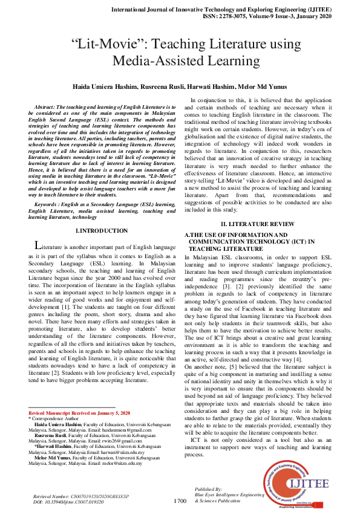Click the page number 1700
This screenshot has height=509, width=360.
[180, 501]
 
